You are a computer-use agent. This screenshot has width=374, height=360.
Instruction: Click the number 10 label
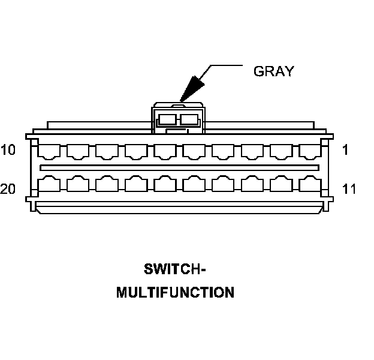click(x=8, y=150)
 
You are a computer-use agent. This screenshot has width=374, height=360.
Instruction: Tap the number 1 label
click(x=345, y=150)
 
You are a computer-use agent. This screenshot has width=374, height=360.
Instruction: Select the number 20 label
click(x=8, y=190)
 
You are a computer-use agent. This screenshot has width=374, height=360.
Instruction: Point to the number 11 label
click(x=349, y=190)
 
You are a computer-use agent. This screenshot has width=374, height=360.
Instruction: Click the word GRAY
click(x=274, y=71)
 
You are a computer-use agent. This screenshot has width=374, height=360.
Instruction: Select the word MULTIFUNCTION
click(x=175, y=293)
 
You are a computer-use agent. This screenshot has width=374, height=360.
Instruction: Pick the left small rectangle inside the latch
click(x=167, y=119)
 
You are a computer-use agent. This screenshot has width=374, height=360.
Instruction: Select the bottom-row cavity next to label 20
click(x=49, y=183)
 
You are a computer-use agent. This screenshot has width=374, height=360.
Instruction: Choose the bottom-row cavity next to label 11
click(x=310, y=183)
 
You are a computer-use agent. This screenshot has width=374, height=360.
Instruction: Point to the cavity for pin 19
click(x=78, y=183)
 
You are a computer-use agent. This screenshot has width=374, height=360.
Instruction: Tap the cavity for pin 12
click(x=282, y=183)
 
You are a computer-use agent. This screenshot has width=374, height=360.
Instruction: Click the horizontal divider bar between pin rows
click(x=179, y=166)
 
